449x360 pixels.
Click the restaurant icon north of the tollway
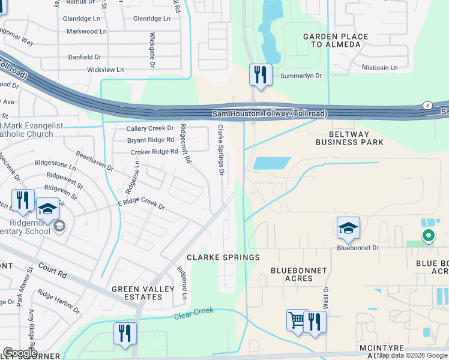pos(261,74)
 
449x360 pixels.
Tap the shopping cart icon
pos(297,320)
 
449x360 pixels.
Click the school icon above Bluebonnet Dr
pos(348,227)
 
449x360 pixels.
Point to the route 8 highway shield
pos(427,104)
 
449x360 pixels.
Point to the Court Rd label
pos(52,270)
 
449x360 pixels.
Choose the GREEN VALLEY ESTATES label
pos(142,293)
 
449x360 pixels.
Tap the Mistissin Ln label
pos(379,68)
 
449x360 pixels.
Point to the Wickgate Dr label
pos(152,50)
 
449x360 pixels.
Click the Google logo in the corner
pos(19,353)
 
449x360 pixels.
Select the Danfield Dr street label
pos(85,57)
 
